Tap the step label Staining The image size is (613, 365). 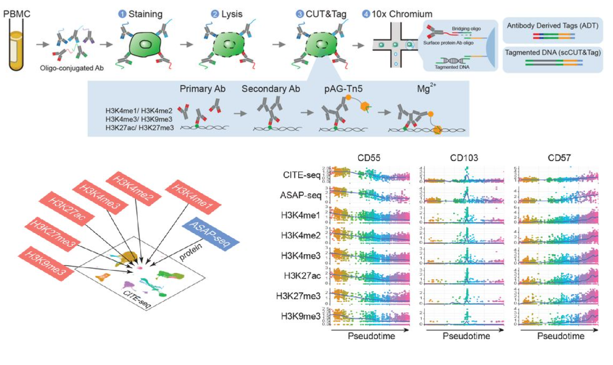click(x=146, y=14)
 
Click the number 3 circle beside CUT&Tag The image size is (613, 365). click(x=300, y=14)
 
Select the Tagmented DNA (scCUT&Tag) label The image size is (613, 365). click(x=553, y=52)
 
